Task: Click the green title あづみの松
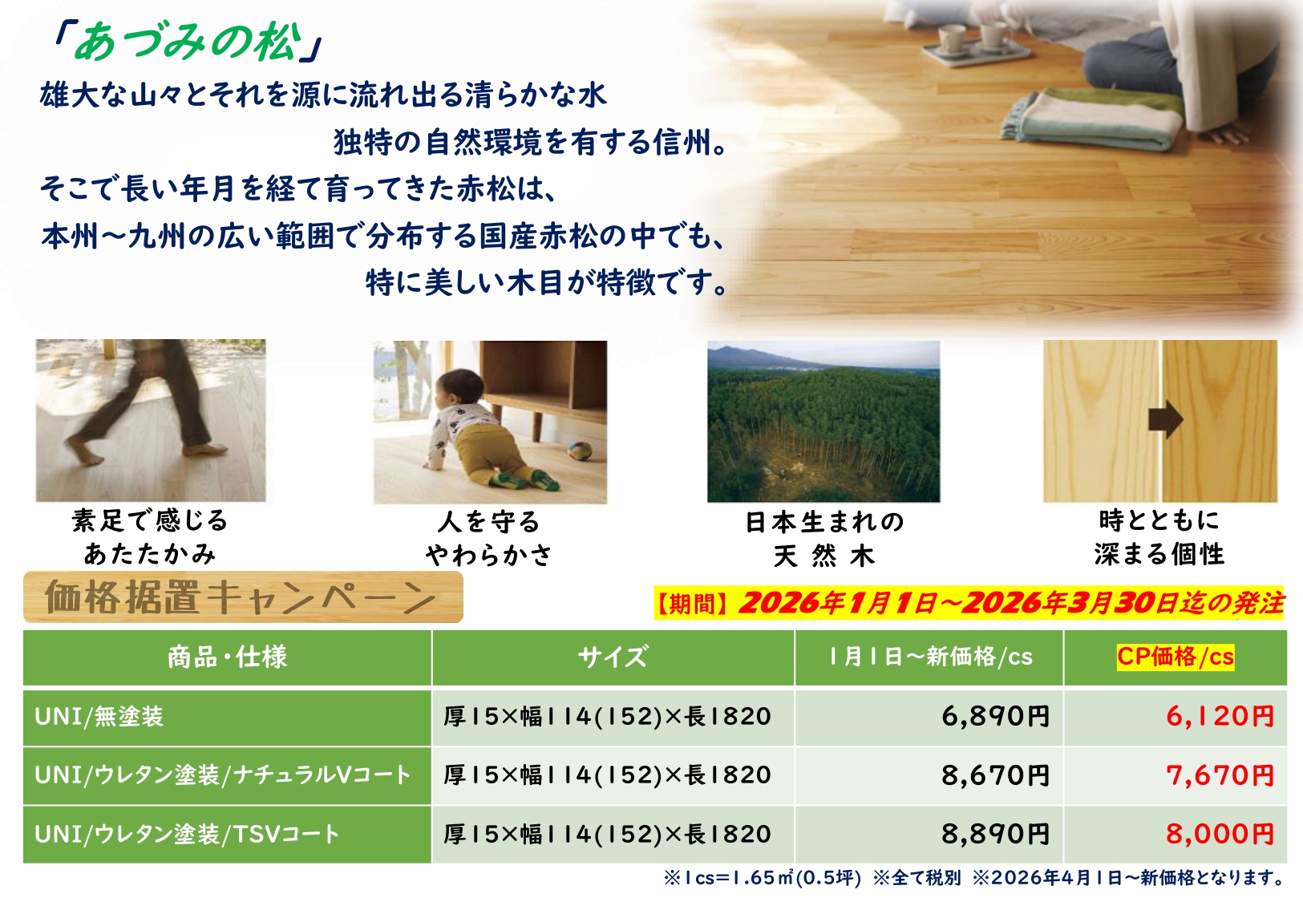click(x=188, y=42)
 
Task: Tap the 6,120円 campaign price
click(x=1220, y=716)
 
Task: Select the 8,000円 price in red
click(x=1220, y=834)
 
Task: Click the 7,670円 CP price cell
click(x=1220, y=775)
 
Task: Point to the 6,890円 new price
click(x=996, y=716)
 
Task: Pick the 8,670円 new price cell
click(x=996, y=775)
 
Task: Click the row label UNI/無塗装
click(x=99, y=717)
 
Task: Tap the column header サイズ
click(x=613, y=657)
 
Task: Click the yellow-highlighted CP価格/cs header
click(x=1175, y=657)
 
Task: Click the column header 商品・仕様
click(x=228, y=657)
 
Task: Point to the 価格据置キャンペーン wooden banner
click(x=243, y=597)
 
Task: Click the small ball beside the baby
click(x=580, y=451)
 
